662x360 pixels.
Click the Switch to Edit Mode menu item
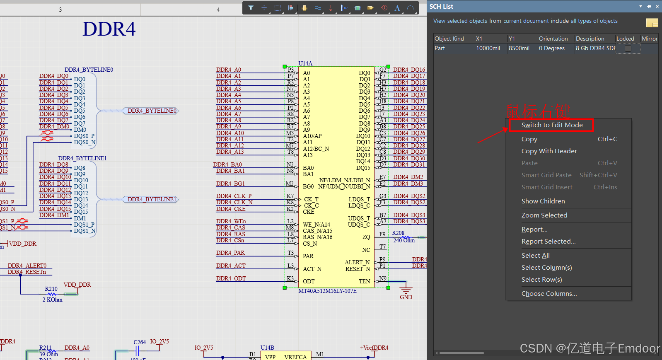(551, 125)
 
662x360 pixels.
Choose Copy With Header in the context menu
(549, 151)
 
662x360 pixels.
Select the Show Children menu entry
(543, 201)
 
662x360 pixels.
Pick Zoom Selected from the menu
(544, 215)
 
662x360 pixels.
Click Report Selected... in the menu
(548, 242)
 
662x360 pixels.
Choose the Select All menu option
(535, 256)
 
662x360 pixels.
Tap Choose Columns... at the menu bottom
(549, 294)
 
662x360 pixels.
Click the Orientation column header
(553, 39)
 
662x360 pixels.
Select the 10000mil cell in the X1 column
(488, 48)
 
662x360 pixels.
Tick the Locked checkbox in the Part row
(628, 48)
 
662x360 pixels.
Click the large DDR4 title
(109, 29)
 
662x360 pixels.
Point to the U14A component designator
(305, 63)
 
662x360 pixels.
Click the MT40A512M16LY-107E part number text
(327, 291)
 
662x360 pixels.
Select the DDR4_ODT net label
(231, 278)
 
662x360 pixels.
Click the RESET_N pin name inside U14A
(358, 269)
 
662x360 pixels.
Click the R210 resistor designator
(51, 289)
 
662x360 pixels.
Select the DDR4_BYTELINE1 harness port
(152, 199)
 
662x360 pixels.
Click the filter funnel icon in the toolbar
(251, 8)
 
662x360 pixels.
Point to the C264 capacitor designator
(140, 342)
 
